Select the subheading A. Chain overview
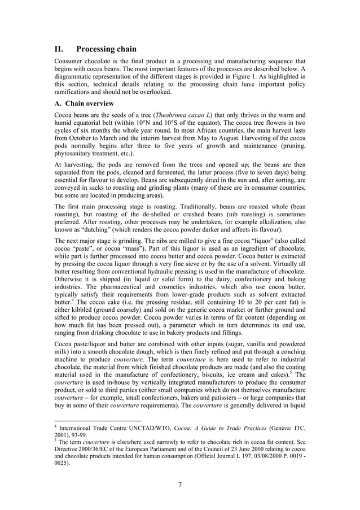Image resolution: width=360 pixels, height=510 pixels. (84, 103)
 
